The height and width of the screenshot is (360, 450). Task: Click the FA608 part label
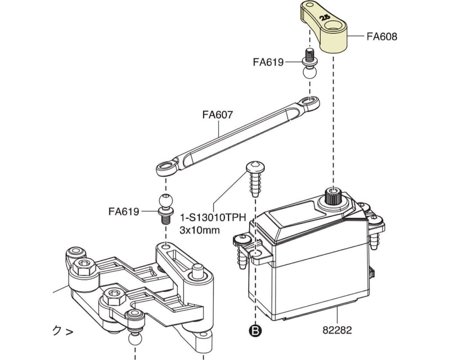pos(382,37)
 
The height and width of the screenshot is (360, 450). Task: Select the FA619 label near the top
pos(268,62)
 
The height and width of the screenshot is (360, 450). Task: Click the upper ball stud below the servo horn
pos(309,64)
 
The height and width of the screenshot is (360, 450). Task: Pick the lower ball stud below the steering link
pos(166,208)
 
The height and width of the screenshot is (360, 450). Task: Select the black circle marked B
pos(255,331)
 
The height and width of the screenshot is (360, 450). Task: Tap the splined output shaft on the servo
pos(333,196)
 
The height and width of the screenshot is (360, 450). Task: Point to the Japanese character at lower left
pos(56,331)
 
